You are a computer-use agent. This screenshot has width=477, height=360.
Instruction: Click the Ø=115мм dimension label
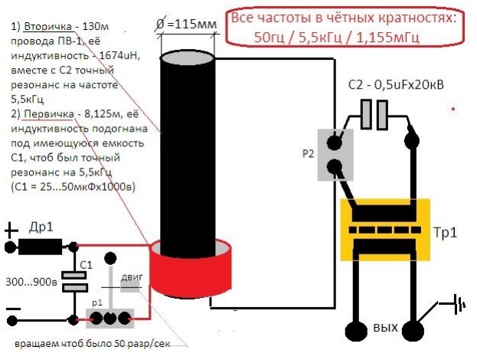click(188, 24)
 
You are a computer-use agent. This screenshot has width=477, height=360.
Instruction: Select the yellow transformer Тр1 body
click(386, 229)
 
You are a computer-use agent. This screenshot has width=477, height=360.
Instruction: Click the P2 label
click(309, 152)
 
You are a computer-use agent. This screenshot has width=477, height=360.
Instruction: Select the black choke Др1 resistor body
click(40, 247)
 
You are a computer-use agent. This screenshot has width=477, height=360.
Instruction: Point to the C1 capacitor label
click(87, 264)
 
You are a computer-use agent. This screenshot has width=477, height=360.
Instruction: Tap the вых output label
click(385, 328)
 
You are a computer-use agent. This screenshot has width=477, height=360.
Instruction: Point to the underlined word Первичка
click(48, 114)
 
